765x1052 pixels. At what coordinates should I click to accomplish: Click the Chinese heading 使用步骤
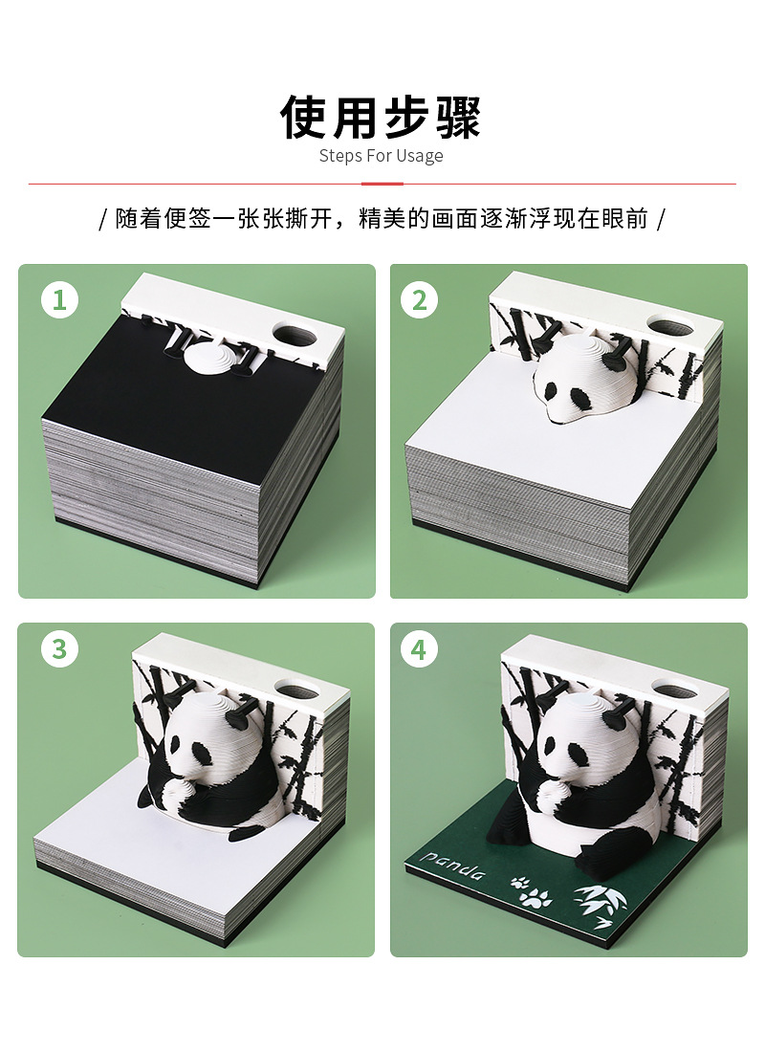381,117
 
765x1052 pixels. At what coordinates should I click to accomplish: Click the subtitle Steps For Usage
381,156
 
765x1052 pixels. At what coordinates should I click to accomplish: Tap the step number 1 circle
59,300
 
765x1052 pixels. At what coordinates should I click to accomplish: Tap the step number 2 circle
419,300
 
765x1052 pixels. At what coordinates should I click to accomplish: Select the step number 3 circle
59,650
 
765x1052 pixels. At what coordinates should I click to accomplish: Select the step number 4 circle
419,650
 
